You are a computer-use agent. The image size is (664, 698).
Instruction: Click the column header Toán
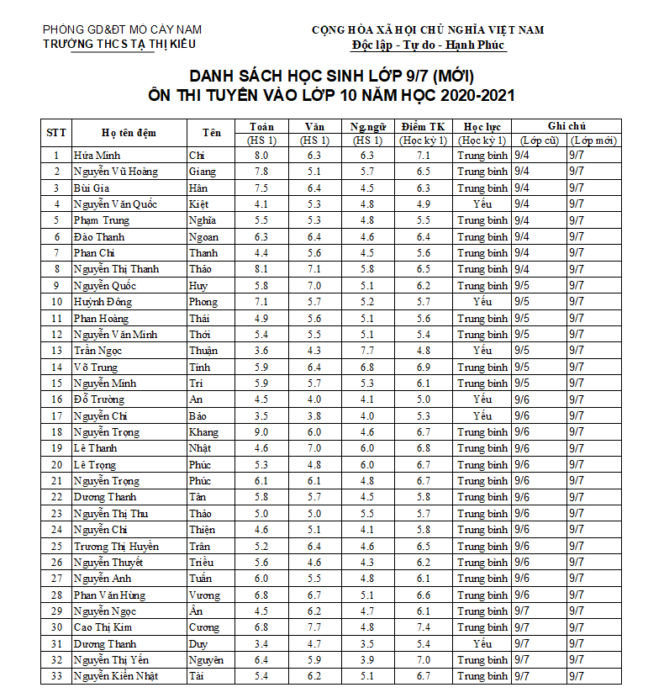[261, 126]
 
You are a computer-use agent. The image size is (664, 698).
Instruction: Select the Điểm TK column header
[424, 126]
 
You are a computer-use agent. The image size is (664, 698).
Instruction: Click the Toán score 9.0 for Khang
[261, 432]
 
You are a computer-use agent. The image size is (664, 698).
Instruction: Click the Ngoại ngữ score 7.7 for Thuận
[367, 351]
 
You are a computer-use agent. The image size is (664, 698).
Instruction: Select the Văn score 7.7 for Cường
[314, 627]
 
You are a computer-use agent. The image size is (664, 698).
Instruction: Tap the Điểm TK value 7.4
[424, 627]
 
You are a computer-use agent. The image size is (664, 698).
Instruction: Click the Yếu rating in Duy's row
[482, 643]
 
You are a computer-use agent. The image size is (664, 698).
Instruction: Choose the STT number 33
[56, 676]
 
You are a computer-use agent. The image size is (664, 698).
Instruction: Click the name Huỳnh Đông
[103, 302]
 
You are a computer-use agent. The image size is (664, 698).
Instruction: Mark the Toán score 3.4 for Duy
[261, 643]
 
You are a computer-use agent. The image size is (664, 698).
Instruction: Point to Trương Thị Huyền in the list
[116, 546]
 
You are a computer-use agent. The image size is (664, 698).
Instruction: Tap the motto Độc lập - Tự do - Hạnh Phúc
[428, 45]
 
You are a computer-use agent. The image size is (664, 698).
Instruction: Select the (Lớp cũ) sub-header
[539, 140]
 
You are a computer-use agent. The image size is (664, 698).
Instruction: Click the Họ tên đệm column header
[129, 133]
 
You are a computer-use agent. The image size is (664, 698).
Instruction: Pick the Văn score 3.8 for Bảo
[314, 415]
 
